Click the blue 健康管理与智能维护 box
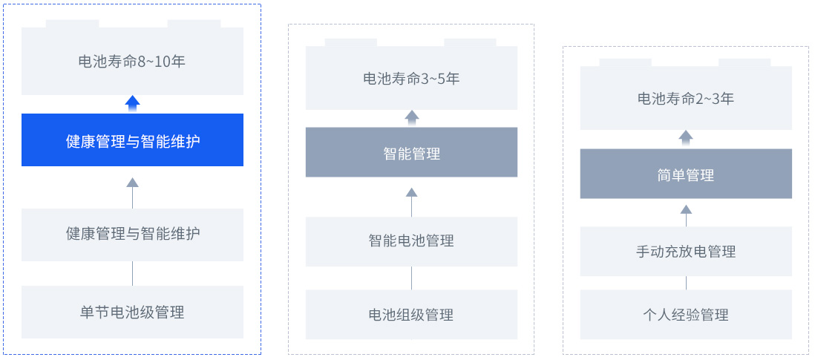click(133, 140)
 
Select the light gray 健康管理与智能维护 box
click(133, 235)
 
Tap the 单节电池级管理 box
click(133, 312)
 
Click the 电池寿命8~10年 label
click(132, 62)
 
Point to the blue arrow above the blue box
click(133, 104)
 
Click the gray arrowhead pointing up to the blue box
click(133, 183)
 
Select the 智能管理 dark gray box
click(412, 152)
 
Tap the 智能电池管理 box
click(412, 241)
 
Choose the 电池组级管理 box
click(412, 315)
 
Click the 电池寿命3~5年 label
click(411, 79)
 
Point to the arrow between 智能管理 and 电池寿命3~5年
click(412, 118)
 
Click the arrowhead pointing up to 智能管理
click(412, 192)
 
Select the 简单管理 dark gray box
click(686, 174)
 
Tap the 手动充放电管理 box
click(686, 252)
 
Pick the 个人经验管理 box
click(686, 315)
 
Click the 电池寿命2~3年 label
click(686, 99)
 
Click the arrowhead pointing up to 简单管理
click(686, 209)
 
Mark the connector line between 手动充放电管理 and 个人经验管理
click(686, 283)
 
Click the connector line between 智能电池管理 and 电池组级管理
click(412, 278)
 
